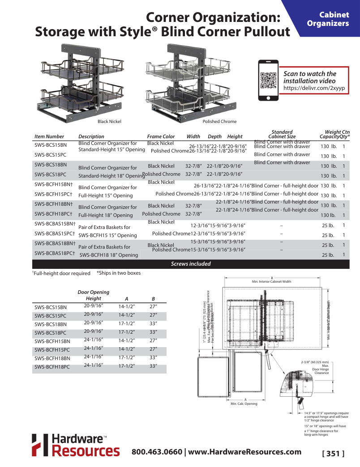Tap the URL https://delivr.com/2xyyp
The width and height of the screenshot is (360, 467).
[x=314, y=88]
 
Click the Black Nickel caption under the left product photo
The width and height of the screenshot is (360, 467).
[x=109, y=121]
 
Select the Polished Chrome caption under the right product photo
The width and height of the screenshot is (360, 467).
[x=219, y=121]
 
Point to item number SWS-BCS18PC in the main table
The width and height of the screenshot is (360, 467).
[x=51, y=174]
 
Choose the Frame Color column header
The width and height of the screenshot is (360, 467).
[x=161, y=136]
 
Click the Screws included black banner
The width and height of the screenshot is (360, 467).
[x=191, y=264]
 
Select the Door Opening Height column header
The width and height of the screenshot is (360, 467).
[x=93, y=295]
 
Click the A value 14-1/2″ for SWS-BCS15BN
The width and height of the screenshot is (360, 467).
[x=127, y=307]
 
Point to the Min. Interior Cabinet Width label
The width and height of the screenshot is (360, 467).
[x=271, y=281]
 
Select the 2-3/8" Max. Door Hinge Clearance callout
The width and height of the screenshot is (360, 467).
[x=316, y=367]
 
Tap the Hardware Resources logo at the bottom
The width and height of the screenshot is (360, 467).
[x=76, y=445]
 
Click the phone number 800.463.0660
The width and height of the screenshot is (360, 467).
[x=157, y=452]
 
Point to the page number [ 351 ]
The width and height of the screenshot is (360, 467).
[x=333, y=454]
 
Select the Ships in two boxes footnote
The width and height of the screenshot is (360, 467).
[x=118, y=273]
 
